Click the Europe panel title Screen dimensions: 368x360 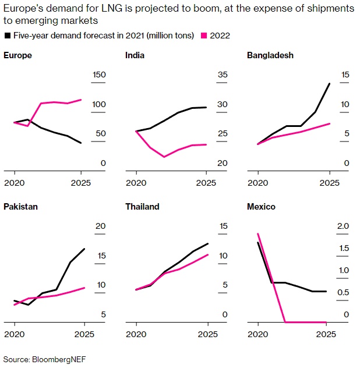click(17, 55)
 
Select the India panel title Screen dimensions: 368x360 click(135, 55)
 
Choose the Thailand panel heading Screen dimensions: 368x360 click(142, 206)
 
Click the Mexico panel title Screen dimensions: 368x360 click(261, 206)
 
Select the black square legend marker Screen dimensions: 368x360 click(7, 36)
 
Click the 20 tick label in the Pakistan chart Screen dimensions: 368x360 click(100, 226)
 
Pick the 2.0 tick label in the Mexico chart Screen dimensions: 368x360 click(344, 226)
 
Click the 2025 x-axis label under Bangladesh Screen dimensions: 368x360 click(330, 182)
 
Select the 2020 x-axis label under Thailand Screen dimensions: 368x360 click(136, 334)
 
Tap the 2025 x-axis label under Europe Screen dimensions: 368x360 click(81, 182)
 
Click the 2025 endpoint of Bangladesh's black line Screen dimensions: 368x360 click(330, 84)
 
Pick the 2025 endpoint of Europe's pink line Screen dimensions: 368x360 click(81, 100)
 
